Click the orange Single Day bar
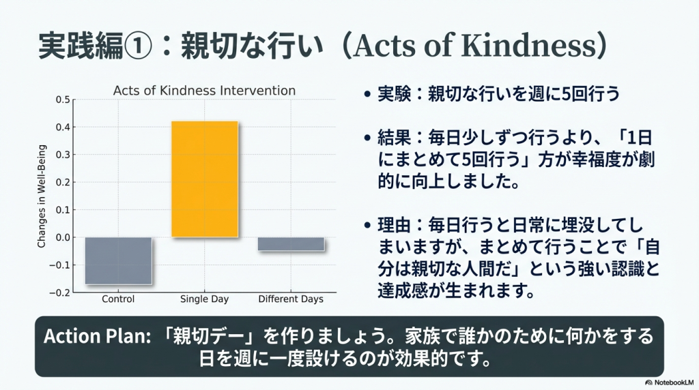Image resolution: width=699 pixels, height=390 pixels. pyautogui.click(x=205, y=179)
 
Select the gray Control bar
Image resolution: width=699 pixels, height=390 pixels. pyautogui.click(x=119, y=261)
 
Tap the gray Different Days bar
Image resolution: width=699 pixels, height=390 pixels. pyautogui.click(x=291, y=244)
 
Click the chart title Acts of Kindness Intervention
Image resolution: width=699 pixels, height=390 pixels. pyautogui.click(x=204, y=91)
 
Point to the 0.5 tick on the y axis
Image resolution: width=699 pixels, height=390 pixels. pyautogui.click(x=63, y=100)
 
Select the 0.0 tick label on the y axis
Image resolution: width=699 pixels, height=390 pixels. pyautogui.click(x=63, y=237)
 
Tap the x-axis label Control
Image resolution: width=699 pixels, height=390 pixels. pyautogui.click(x=118, y=299)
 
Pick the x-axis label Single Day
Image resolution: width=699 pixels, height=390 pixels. pyautogui.click(x=204, y=299)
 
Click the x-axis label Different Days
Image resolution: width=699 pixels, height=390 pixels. pyautogui.click(x=291, y=299)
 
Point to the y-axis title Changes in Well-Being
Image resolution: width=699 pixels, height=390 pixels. pyautogui.click(x=42, y=196)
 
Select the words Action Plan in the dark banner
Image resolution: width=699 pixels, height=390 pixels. pyautogui.click(x=97, y=336)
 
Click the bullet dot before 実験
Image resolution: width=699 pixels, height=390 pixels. pyautogui.click(x=367, y=94)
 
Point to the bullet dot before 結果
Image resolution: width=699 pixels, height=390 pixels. pyautogui.click(x=367, y=138)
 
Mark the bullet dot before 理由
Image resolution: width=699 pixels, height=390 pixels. pyautogui.click(x=367, y=226)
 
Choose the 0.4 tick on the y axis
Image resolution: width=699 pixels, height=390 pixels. pyautogui.click(x=63, y=127)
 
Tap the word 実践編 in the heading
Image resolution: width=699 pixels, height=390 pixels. pyautogui.click(x=81, y=46)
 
